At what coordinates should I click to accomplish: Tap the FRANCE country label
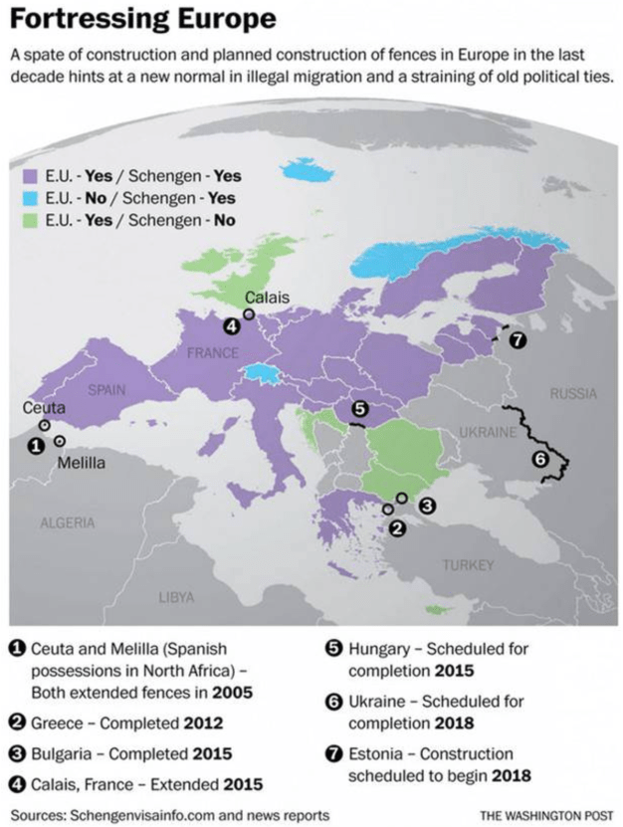tap(212, 353)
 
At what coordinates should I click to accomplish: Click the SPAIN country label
tap(106, 391)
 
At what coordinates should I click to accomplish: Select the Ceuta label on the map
tap(46, 408)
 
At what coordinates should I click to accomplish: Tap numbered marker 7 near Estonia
tap(516, 340)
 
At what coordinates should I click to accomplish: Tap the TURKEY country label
tap(468, 565)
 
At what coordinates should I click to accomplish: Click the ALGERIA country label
tap(69, 522)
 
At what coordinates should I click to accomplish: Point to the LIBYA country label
tap(176, 597)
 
